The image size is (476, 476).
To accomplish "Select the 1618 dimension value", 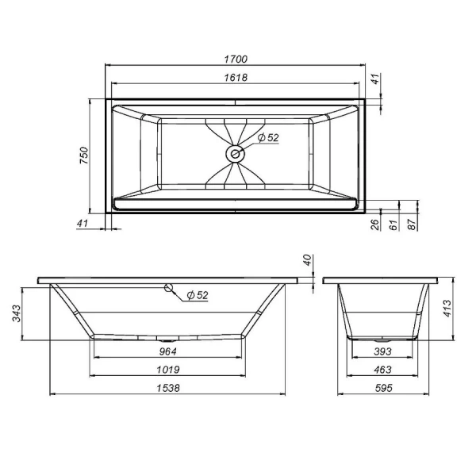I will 237,77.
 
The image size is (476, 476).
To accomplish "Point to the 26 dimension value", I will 374,225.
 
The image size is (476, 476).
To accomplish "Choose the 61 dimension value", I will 392,225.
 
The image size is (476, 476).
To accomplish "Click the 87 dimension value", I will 411,225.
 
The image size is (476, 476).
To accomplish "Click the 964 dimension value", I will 167,352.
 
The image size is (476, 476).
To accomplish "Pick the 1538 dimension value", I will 167,388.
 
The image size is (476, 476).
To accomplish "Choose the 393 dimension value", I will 383,352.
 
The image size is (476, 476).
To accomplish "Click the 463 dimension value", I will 383,370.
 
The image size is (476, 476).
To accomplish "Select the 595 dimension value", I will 383,388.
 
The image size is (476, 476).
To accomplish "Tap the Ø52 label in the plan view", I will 269,138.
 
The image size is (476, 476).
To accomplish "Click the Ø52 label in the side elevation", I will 197,295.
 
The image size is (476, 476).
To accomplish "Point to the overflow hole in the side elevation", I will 168,288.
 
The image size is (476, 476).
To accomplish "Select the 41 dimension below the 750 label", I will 82,225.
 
